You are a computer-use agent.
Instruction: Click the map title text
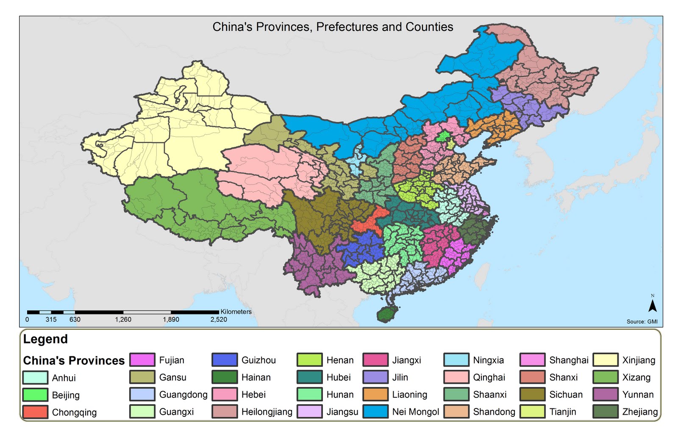[x=333, y=27]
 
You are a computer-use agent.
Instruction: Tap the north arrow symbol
[x=653, y=306]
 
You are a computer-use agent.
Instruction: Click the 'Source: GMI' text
[x=642, y=322]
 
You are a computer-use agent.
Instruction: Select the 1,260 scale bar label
[x=123, y=320]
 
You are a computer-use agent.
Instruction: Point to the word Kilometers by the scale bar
[x=236, y=311]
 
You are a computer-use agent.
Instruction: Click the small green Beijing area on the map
[x=444, y=137]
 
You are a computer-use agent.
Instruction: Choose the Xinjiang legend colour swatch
[x=605, y=360]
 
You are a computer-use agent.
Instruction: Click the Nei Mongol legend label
[x=415, y=412]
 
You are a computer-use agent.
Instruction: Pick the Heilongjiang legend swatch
[x=225, y=412]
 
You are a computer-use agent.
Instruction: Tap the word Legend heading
[x=45, y=339]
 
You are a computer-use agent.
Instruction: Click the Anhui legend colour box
[x=35, y=377]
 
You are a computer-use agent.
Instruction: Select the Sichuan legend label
[x=566, y=394]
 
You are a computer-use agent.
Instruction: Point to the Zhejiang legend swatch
[x=605, y=412]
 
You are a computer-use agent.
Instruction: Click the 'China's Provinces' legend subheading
[x=74, y=361]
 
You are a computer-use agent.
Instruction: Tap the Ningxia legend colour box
[x=456, y=360]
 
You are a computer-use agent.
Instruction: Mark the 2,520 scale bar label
[x=219, y=320]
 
